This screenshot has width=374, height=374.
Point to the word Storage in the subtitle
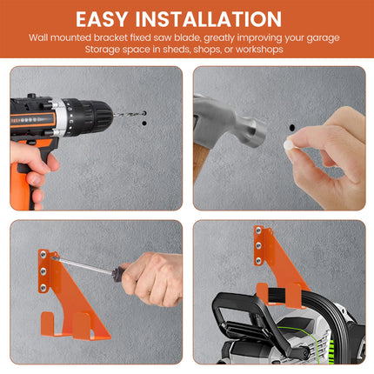coord(108,50)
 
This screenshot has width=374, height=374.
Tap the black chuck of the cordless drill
coord(97,112)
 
